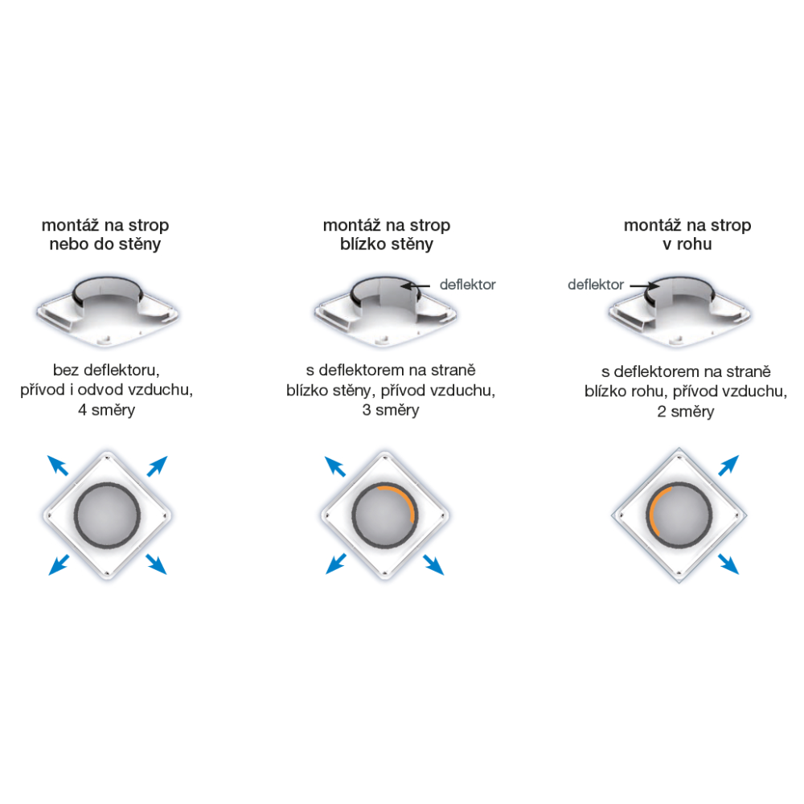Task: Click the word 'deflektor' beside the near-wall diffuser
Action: [468, 285]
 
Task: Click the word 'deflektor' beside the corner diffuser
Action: [595, 285]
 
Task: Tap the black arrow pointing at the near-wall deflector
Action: [416, 286]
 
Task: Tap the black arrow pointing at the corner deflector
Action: [645, 286]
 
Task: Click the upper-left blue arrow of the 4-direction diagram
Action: [57, 465]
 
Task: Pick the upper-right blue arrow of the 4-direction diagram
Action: [158, 466]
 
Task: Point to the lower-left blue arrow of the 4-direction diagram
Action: [59, 564]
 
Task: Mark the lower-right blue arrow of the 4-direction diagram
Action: [157, 564]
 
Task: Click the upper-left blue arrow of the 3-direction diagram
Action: [335, 466]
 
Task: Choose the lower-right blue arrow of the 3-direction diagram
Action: [434, 564]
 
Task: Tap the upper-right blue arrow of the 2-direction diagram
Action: [728, 465]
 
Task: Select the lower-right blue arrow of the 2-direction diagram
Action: [728, 564]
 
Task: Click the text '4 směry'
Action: [107, 410]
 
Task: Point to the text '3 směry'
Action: [391, 410]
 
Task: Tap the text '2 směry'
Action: [686, 412]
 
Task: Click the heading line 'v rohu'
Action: [687, 244]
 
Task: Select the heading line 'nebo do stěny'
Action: [105, 244]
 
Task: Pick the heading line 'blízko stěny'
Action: [387, 244]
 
